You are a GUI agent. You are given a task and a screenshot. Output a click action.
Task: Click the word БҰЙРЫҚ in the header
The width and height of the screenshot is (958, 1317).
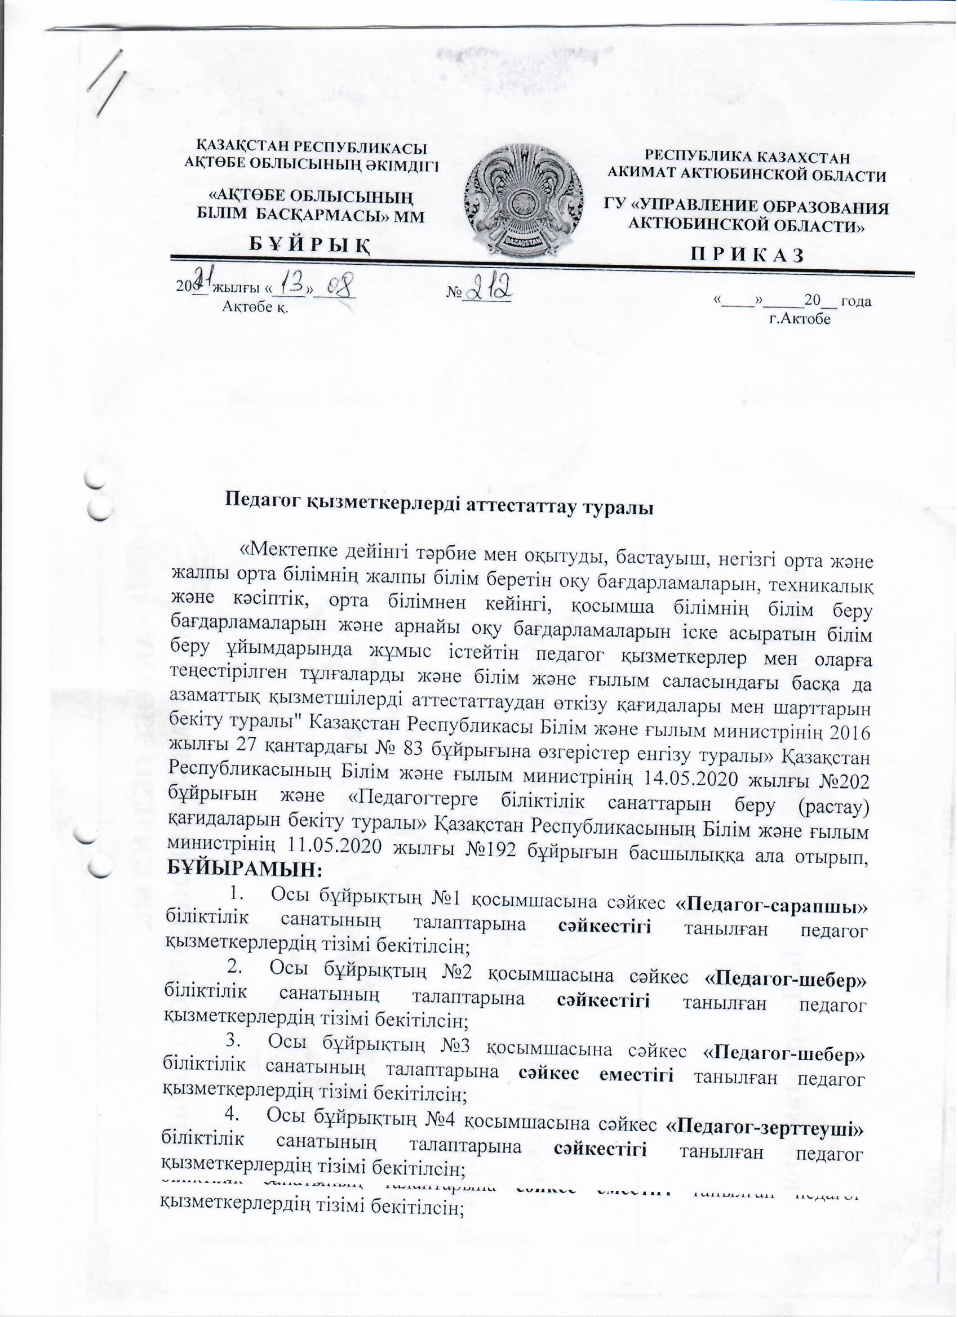[x=311, y=247]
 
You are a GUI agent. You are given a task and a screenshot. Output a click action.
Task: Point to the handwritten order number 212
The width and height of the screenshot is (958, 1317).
[x=489, y=287]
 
